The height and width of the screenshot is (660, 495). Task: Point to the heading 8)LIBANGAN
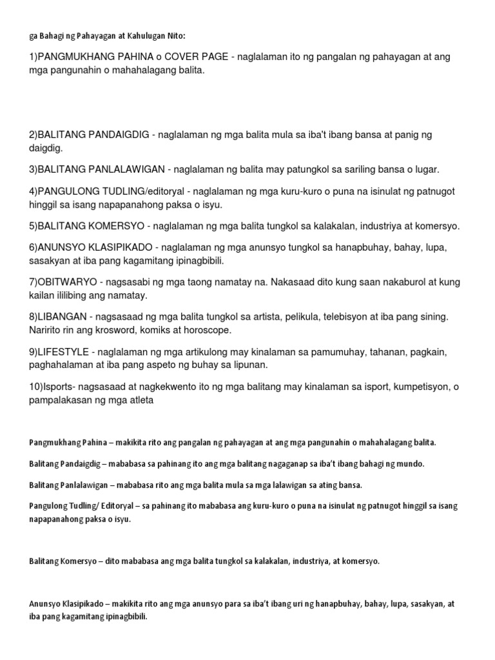pyautogui.click(x=57, y=318)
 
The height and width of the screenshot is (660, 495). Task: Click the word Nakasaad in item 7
pyautogui.click(x=295, y=283)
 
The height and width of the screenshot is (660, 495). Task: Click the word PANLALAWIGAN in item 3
pyautogui.click(x=112, y=170)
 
